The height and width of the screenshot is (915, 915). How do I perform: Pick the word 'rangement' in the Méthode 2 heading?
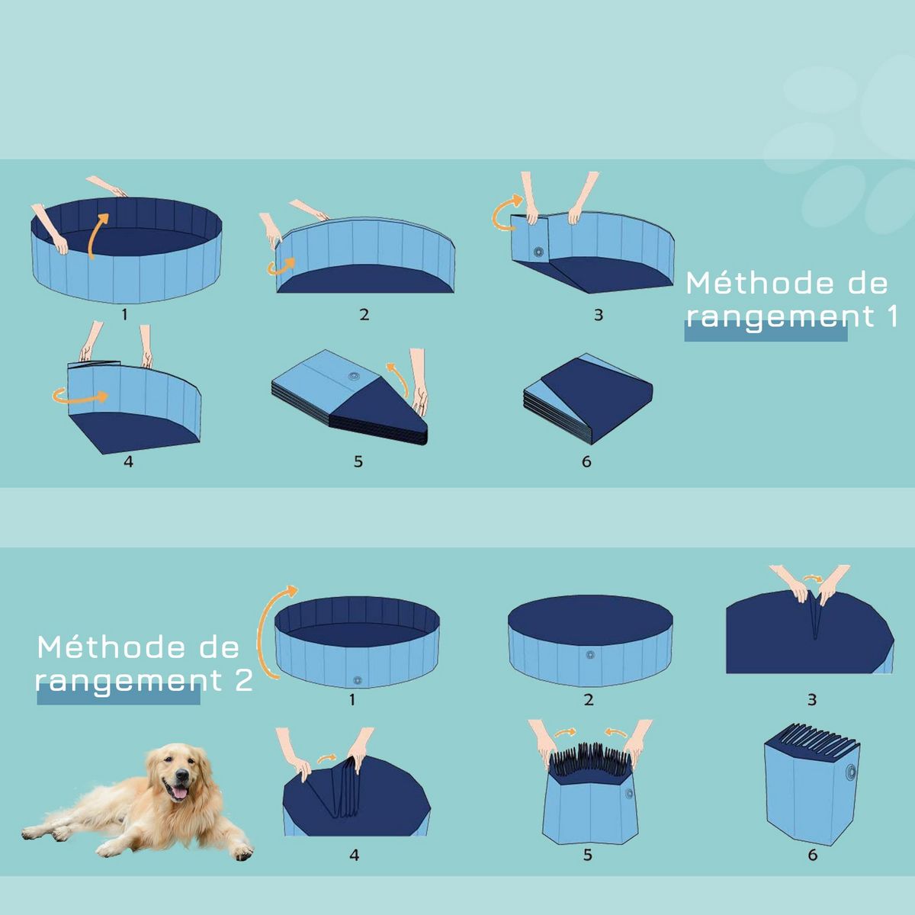[117, 680]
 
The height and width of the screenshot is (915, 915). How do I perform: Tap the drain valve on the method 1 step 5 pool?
[354, 376]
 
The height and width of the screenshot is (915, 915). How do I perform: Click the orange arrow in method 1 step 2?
[281, 265]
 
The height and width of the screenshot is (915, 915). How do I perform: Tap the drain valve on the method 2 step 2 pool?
[589, 654]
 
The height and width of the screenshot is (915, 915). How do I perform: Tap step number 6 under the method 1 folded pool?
[586, 462]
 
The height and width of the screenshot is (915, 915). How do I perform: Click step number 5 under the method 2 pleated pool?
[588, 856]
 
